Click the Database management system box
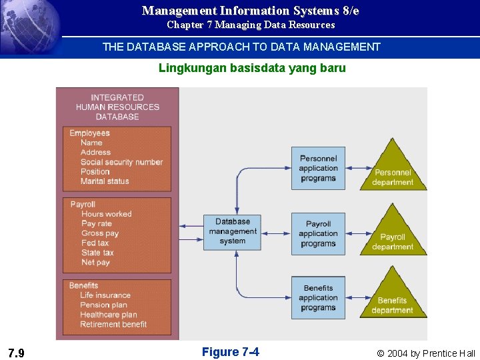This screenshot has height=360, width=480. point(232,231)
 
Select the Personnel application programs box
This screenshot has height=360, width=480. point(318,168)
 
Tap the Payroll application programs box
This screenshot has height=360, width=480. point(318,233)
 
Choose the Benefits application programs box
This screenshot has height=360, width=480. point(318,298)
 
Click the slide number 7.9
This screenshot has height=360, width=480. point(17,353)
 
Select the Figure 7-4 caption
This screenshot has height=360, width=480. point(230,352)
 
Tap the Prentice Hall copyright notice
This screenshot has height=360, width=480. point(426,353)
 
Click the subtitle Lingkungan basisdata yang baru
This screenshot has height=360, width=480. point(252,68)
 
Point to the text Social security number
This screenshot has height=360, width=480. point(121,162)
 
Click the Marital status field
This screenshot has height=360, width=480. point(105,181)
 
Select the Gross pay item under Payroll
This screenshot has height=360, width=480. point(100,233)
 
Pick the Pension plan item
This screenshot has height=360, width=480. point(103,305)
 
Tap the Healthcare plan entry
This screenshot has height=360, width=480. point(109,315)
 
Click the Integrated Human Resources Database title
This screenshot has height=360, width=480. point(117,107)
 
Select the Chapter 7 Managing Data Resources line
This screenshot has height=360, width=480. point(251,25)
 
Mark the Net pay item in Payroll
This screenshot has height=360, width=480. point(96,262)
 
